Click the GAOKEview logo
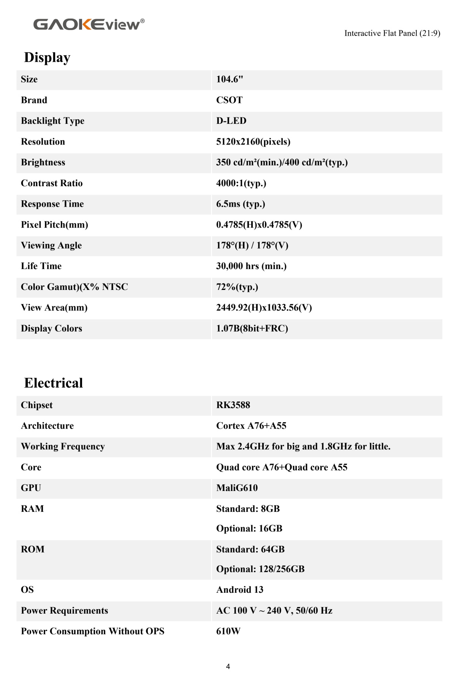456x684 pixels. pyautogui.click(x=89, y=24)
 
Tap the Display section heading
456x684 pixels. pyautogui.click(x=47, y=57)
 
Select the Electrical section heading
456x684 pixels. pyautogui.click(x=54, y=383)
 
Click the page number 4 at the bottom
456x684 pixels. pyautogui.click(x=228, y=666)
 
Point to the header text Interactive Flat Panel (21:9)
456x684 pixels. pyautogui.click(x=392, y=33)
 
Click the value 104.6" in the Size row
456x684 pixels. pyautogui.click(x=230, y=79)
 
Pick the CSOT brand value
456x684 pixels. pyautogui.click(x=229, y=100)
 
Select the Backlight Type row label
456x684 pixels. pyautogui.click(x=52, y=121)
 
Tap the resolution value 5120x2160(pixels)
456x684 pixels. pyautogui.click(x=253, y=142)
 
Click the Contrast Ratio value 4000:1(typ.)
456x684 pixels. pyautogui.click(x=241, y=183)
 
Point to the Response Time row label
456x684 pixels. pyautogui.click(x=52, y=204)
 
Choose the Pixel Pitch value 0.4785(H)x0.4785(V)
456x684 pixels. pyautogui.click(x=259, y=225)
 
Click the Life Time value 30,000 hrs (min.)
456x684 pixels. pyautogui.click(x=251, y=266)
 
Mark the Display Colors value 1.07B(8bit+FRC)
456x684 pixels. pyautogui.click(x=252, y=328)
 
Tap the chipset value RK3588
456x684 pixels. pyautogui.click(x=233, y=405)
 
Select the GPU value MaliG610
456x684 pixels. pyautogui.click(x=237, y=488)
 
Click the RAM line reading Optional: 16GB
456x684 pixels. pyautogui.click(x=249, y=529)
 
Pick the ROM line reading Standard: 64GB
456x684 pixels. pyautogui.click(x=250, y=549)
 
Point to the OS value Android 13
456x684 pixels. pyautogui.click(x=239, y=590)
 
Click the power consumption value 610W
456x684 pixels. pyautogui.click(x=228, y=631)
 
